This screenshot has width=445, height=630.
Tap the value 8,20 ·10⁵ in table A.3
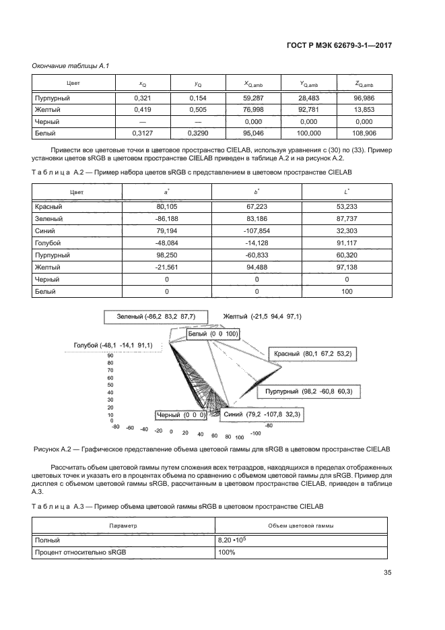pos(230,540)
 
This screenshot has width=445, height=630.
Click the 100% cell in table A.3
pos(226,553)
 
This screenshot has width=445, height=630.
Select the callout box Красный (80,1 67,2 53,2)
pos(312,353)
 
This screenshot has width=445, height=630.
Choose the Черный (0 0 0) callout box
pos(180,415)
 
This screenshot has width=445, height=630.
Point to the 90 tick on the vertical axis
pos(110,355)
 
